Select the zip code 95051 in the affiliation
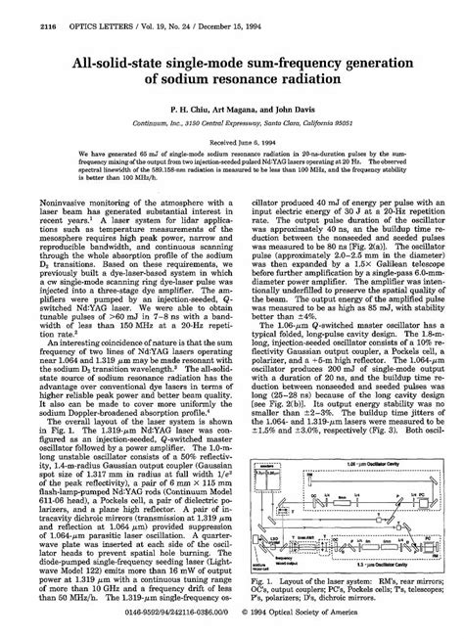[x=342, y=126]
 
